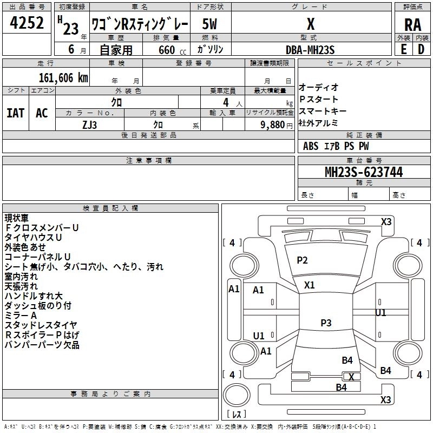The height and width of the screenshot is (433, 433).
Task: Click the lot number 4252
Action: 27,23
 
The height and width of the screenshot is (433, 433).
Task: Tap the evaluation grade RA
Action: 412,25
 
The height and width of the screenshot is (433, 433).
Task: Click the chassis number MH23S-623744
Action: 363,173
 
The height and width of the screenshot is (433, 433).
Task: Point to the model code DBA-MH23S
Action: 310,49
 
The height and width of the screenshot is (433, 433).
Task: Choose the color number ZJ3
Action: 89,124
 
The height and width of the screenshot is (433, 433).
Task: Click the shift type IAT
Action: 15,113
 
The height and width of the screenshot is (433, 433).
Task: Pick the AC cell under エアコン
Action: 42,113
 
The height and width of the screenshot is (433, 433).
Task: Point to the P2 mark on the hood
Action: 302,260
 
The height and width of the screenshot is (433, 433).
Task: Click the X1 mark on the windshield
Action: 309,285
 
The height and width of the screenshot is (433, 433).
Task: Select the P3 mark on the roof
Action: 325,323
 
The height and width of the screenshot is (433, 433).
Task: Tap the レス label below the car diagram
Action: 238,414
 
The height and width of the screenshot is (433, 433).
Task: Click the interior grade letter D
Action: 421,49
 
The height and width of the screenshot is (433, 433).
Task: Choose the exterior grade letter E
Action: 403,49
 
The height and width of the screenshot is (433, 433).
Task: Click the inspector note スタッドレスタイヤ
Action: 41,325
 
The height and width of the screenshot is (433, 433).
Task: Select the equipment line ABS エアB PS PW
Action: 336,146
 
